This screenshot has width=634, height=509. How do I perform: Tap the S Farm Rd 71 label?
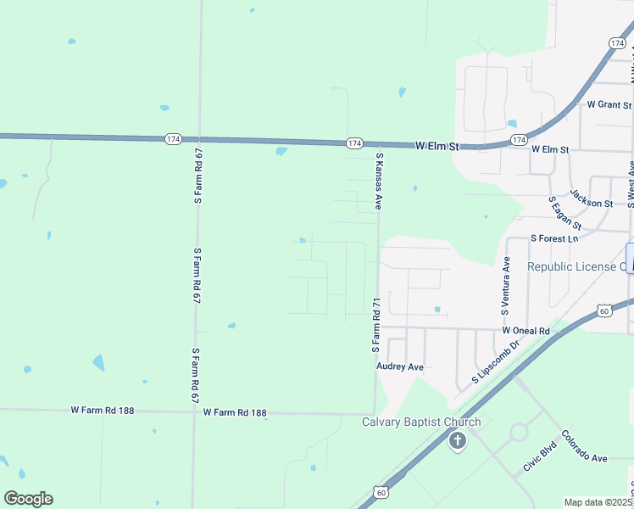[374, 325]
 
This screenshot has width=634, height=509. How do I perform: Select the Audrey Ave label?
[399, 367]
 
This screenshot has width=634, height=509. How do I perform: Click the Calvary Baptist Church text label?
[421, 422]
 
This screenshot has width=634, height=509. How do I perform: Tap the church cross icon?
[458, 440]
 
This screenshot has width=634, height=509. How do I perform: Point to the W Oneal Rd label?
[526, 330]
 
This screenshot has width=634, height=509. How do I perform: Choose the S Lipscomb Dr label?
[488, 363]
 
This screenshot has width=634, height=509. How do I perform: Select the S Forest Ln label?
[553, 239]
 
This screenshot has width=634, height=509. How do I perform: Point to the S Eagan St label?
[564, 214]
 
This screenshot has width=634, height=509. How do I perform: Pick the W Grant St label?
[610, 105]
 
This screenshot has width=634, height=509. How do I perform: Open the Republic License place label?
[576, 266]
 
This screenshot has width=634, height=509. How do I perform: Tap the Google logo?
[28, 499]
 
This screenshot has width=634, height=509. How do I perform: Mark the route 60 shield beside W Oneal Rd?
[603, 311]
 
